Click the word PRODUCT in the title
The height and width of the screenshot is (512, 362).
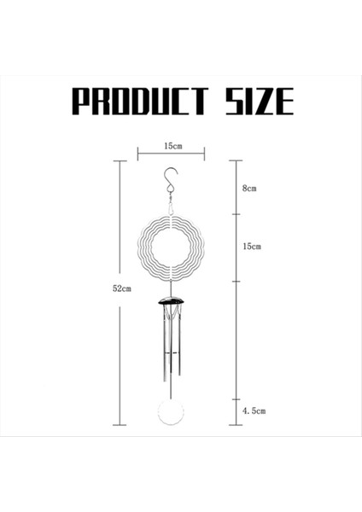[x=138, y=101]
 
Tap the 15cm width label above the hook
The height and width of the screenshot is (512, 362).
[x=172, y=145]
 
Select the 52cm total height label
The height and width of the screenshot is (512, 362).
[x=122, y=288]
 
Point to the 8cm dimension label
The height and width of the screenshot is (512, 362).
[x=249, y=189]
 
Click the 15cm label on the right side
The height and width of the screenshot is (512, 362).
[x=251, y=247]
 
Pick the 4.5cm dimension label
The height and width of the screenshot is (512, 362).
[x=254, y=410]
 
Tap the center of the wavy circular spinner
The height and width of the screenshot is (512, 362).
[x=171, y=247]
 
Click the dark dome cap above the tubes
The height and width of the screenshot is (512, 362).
[x=172, y=303]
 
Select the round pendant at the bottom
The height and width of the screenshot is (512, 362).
[x=171, y=415]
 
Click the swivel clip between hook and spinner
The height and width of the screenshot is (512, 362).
[x=171, y=206]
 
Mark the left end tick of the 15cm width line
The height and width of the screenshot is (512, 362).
[x=138, y=154]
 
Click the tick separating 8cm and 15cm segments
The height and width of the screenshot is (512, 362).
[x=236, y=214]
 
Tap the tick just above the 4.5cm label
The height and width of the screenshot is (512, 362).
[x=236, y=399]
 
